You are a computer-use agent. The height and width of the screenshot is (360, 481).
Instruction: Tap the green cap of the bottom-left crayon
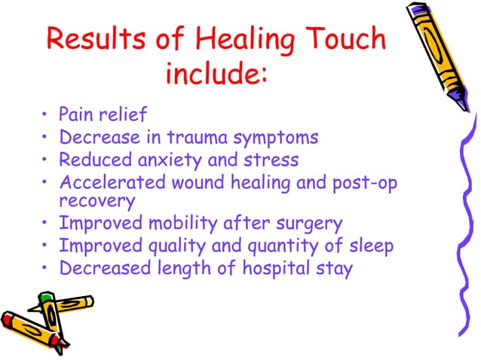click(x=45, y=300)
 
